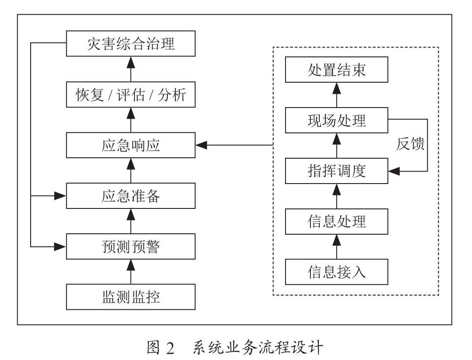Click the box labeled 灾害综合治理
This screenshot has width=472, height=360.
(x=131, y=44)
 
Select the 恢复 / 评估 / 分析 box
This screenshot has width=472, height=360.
(x=131, y=94)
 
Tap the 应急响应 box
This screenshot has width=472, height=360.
(x=131, y=145)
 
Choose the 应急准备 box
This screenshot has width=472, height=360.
(x=131, y=196)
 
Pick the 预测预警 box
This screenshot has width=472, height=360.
(x=131, y=246)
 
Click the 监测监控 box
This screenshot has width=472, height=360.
(x=131, y=297)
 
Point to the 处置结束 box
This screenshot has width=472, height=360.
(x=337, y=69)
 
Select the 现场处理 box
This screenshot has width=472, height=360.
(x=337, y=120)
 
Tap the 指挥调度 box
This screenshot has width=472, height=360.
(x=337, y=171)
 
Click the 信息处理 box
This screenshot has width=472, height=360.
(x=337, y=221)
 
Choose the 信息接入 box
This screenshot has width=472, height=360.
(x=337, y=272)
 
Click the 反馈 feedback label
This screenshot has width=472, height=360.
(x=410, y=144)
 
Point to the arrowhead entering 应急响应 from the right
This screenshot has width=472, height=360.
(x=202, y=145)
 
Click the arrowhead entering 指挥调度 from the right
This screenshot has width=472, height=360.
(x=394, y=172)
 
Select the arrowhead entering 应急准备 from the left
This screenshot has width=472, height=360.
(x=60, y=196)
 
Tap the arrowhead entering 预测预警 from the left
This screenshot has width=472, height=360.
(x=60, y=247)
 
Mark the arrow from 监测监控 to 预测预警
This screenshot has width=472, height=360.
(x=131, y=272)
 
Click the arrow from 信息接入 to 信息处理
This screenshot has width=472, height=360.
(x=337, y=247)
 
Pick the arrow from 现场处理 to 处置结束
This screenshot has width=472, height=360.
(x=337, y=95)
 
